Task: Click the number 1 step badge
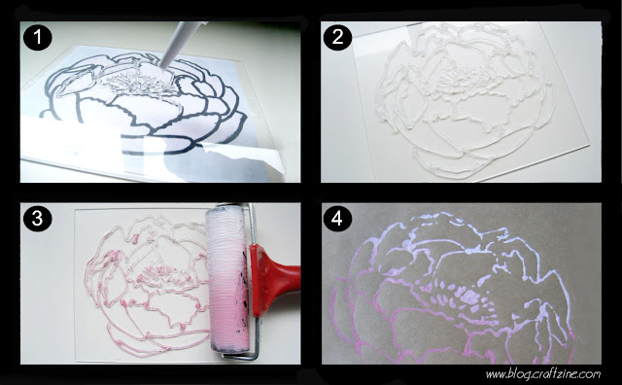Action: click(x=37, y=37)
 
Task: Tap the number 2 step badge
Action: click(x=337, y=37)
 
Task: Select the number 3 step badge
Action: click(x=37, y=219)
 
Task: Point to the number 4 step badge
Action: click(x=337, y=218)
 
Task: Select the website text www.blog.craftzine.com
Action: click(x=543, y=374)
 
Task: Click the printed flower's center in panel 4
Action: click(x=468, y=296)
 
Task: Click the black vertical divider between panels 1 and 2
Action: click(x=311, y=102)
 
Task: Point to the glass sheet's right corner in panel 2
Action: click(x=588, y=145)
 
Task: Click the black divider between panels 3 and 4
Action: click(x=311, y=283)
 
